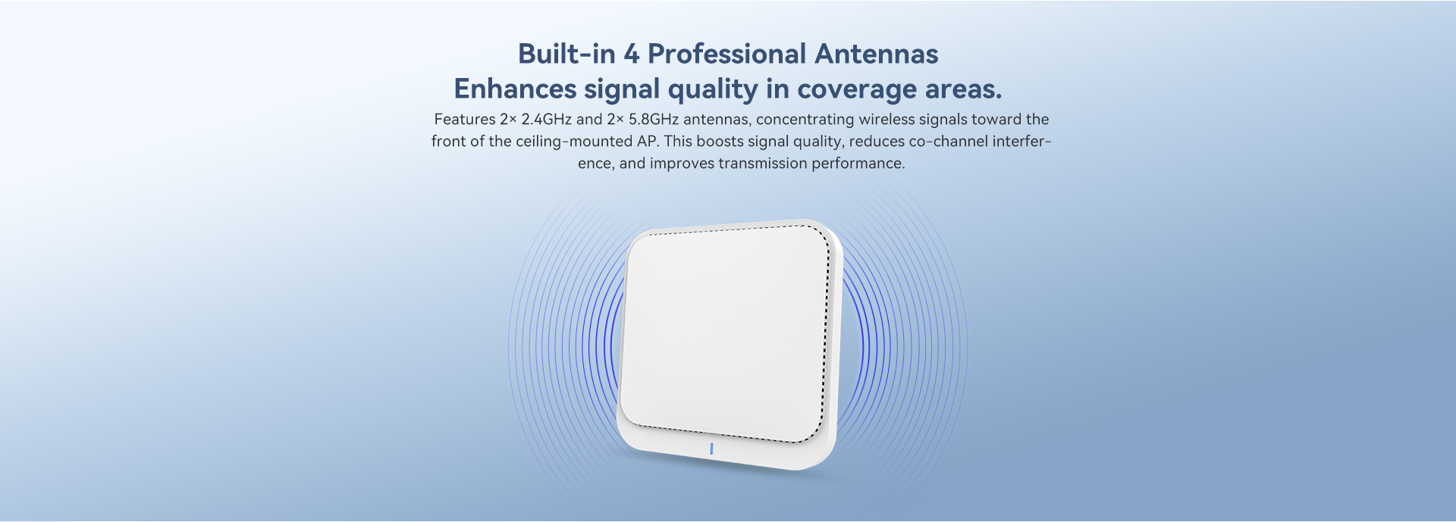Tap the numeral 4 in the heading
[632, 54]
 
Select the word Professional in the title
[727, 54]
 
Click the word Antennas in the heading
[877, 54]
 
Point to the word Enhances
[516, 89]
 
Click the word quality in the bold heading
[713, 90]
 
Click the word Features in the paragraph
[465, 119]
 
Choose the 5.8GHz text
[654, 119]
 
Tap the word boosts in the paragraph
[719, 141]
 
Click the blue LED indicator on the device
[711, 449]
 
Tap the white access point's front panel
[726, 333]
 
